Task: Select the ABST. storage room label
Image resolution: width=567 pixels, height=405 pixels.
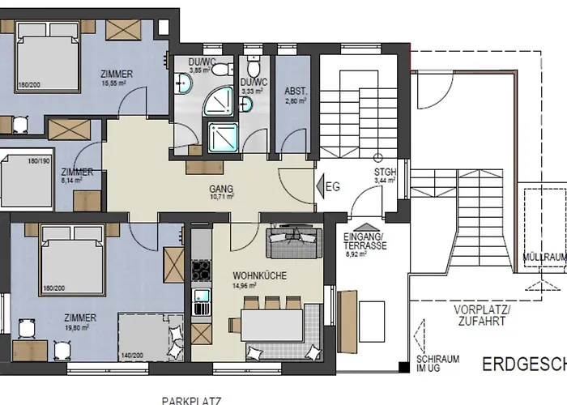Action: point(294,91)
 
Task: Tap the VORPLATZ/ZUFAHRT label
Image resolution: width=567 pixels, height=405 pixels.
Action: point(479,316)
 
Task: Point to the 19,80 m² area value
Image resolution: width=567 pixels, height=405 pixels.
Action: point(84,328)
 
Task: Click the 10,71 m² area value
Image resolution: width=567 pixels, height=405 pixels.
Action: point(220,197)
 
